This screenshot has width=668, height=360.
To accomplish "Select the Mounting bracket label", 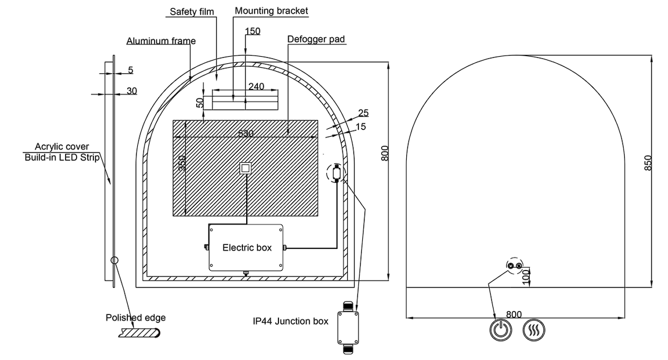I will click(x=271, y=11).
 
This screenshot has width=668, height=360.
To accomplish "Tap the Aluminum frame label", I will click(x=161, y=41).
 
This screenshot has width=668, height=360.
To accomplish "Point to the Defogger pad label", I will click(x=316, y=39).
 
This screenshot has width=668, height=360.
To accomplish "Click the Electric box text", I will click(x=247, y=248).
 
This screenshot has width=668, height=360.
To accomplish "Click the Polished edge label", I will click(x=136, y=318).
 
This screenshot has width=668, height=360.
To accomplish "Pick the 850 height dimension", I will click(x=648, y=163).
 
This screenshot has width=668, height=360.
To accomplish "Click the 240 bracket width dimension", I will click(x=256, y=86).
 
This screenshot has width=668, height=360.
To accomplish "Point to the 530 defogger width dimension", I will click(x=246, y=133).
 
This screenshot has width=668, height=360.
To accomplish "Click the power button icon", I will click(x=500, y=330).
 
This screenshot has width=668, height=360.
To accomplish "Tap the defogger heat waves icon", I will click(x=534, y=330).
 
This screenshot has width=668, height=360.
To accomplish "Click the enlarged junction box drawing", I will click(x=349, y=327).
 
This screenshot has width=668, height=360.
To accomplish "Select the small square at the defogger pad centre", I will click(x=246, y=168).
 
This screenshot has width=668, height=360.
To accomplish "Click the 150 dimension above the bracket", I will click(x=252, y=31).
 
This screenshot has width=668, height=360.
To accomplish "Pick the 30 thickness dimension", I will click(x=132, y=91).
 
